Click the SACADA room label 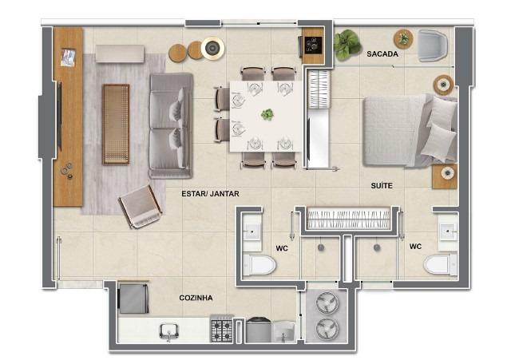tap(382, 54)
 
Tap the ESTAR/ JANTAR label tap(210, 194)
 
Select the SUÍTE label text tap(382, 185)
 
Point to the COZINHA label tap(196, 298)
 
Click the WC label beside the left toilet tap(282, 248)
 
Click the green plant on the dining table tap(267, 114)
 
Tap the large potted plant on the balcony tap(347, 45)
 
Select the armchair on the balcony tap(433, 45)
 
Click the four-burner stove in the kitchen tap(222, 329)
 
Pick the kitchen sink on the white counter tap(168, 331)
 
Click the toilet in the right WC tap(441, 264)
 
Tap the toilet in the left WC tap(259, 264)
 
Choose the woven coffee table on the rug tap(116, 124)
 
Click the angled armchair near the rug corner tap(141, 208)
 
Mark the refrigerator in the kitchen tap(133, 297)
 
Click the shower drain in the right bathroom tap(377, 248)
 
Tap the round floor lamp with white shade tap(212, 49)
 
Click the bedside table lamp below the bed tap(447, 173)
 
